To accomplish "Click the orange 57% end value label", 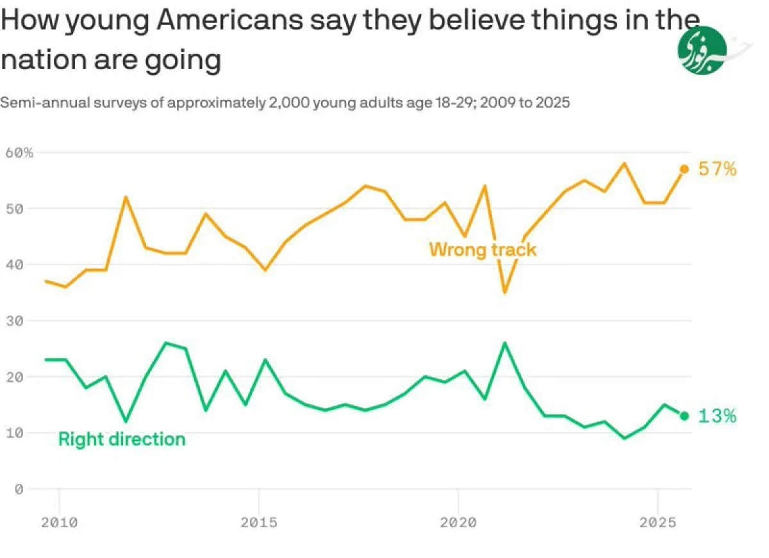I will [718, 170].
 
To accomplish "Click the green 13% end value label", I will [718, 416].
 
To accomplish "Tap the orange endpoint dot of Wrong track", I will [684, 168].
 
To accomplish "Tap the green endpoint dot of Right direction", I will [684, 416].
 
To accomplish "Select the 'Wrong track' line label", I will [483, 249].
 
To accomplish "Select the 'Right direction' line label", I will [122, 439].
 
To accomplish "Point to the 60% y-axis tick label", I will [19, 152].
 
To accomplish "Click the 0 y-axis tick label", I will [19, 489].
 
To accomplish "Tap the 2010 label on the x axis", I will [60, 523].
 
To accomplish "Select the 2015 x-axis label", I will [259, 523].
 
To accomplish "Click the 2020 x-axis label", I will [459, 523].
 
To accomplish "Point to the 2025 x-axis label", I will [658, 523].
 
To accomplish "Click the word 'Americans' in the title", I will [229, 21].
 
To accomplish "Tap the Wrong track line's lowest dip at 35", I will [505, 292].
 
